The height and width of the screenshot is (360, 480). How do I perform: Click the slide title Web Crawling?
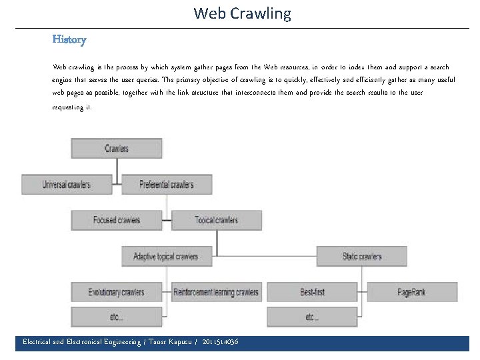[x=242, y=13]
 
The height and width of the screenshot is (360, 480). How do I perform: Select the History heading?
[x=69, y=39]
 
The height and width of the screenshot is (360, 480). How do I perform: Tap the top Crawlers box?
[x=117, y=148]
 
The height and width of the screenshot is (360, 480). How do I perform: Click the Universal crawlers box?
[x=67, y=184]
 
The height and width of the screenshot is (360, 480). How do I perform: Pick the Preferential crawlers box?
[x=167, y=184]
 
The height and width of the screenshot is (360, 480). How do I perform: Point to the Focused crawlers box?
[x=117, y=220]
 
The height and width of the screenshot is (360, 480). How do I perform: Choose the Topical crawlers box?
[x=216, y=220]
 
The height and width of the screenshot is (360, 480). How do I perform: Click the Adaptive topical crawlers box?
[x=166, y=256]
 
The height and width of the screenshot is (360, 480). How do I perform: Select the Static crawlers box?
[x=361, y=256]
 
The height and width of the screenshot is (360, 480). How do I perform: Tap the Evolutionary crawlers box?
[x=117, y=292]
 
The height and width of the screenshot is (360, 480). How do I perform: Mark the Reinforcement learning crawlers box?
[x=216, y=292]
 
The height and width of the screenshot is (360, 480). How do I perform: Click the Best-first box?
[x=312, y=292]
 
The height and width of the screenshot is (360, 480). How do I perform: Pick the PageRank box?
[x=411, y=292]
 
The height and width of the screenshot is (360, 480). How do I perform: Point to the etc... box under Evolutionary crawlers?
[x=117, y=317]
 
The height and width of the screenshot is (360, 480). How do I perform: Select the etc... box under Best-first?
[x=312, y=317]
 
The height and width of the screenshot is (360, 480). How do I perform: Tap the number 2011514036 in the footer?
[x=220, y=342]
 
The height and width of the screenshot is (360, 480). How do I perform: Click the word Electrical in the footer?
[x=37, y=342]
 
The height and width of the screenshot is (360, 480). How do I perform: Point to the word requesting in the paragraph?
[x=67, y=107]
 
